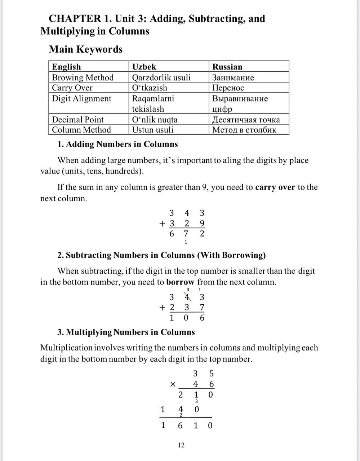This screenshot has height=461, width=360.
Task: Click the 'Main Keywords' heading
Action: click(86, 49)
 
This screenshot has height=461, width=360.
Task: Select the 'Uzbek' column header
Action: click(144, 67)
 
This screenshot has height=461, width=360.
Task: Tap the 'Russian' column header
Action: click(227, 67)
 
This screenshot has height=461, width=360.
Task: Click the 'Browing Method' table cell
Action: click(83, 77)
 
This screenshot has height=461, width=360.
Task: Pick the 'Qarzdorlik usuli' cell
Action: click(161, 77)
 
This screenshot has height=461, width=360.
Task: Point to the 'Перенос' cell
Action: click(228, 88)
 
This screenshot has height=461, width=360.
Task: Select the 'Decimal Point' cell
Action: click(77, 120)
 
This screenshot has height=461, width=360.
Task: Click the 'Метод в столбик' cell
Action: click(244, 130)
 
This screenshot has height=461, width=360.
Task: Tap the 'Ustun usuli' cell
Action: click(152, 130)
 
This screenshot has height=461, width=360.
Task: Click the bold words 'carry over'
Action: click(275, 187)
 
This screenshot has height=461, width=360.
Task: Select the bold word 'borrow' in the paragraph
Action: click(180, 282)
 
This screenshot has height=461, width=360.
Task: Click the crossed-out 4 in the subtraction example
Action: click(187, 297)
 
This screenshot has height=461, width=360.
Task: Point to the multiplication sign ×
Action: click(173, 385)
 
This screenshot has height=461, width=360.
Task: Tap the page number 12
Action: click(181, 445)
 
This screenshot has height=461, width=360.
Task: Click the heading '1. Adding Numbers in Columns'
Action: click(117, 144)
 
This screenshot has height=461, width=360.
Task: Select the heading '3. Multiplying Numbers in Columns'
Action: click(126, 332)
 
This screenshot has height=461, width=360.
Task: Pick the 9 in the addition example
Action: click(202, 224)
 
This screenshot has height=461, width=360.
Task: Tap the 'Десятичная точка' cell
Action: click(246, 120)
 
